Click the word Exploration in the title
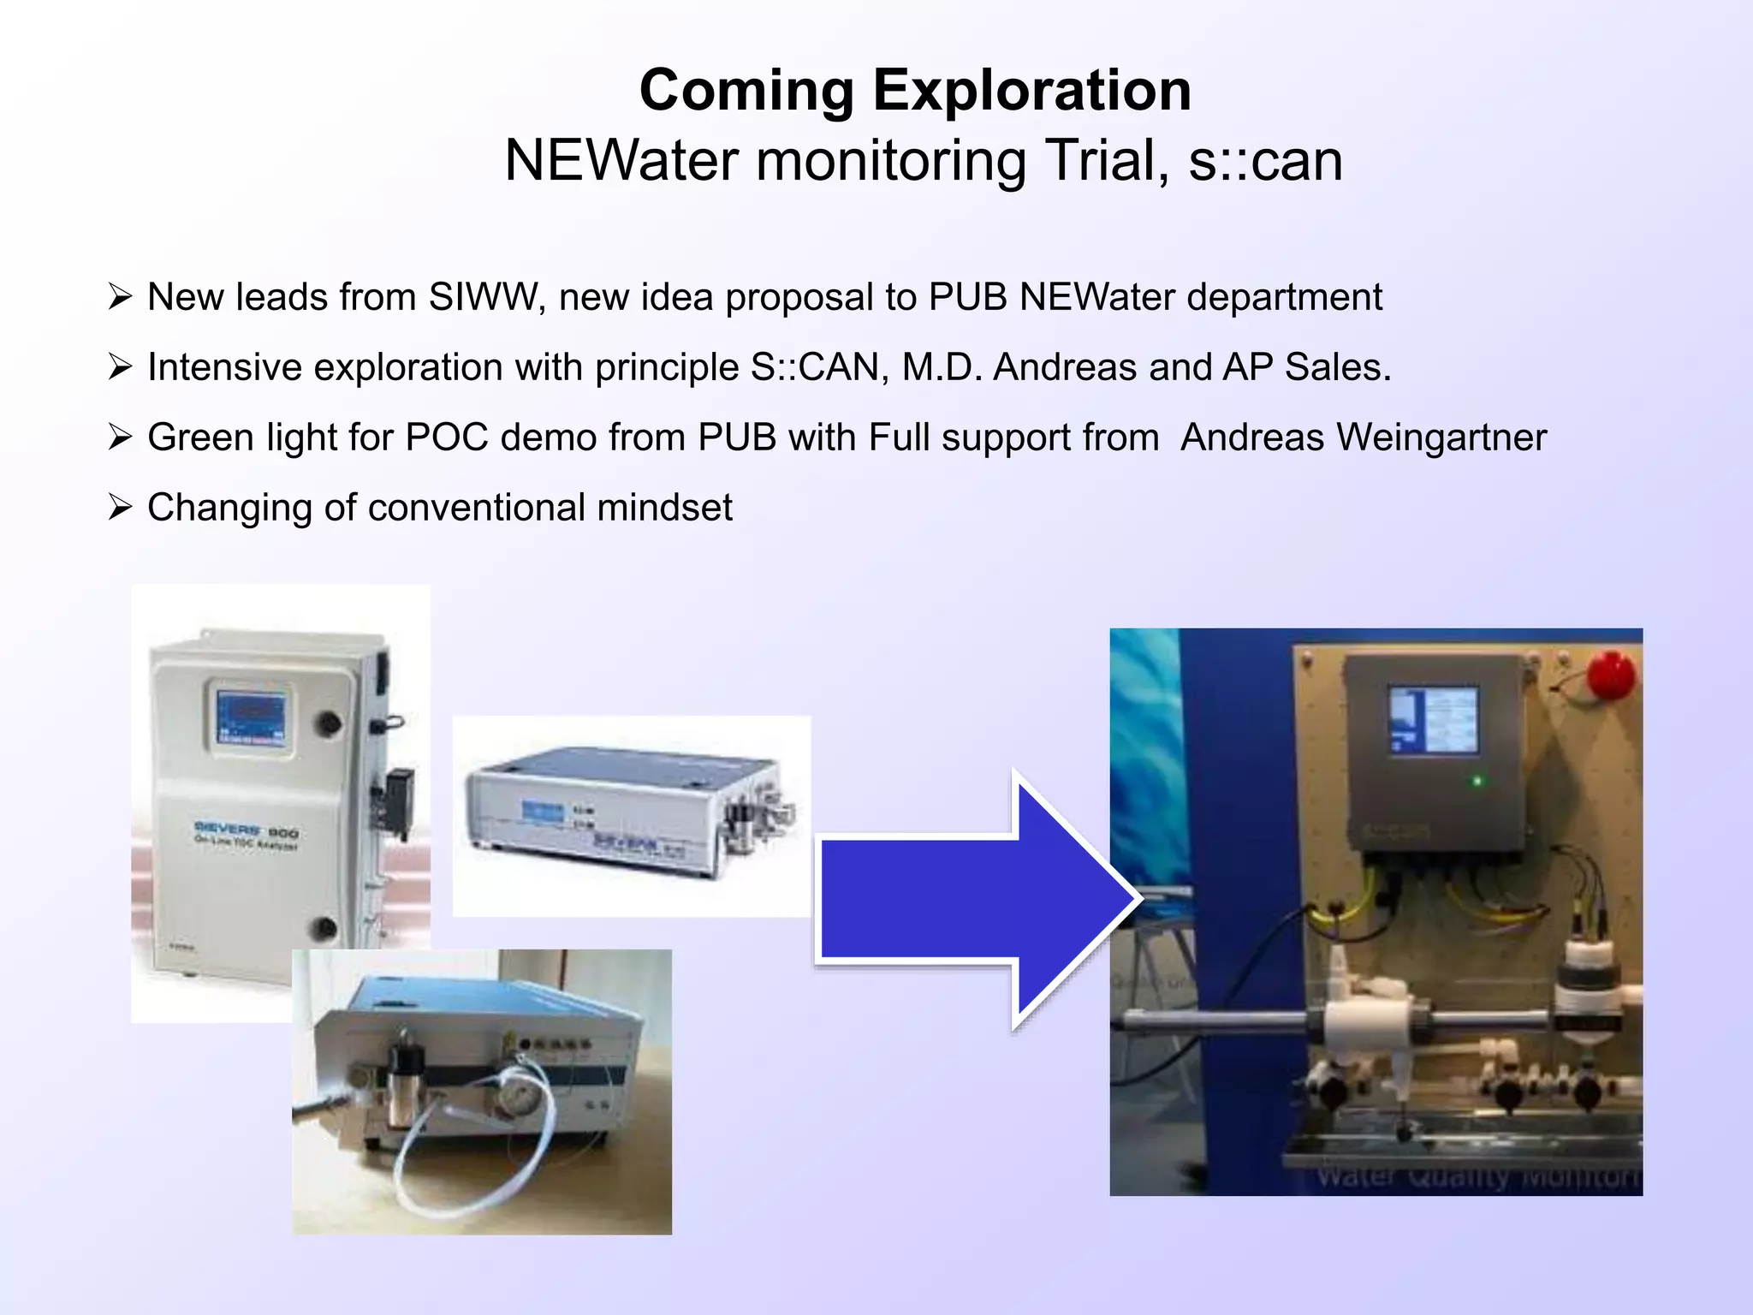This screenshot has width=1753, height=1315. pyautogui.click(x=1031, y=91)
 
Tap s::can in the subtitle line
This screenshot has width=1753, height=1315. pyautogui.click(x=1265, y=161)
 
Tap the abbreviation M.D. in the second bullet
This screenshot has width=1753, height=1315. pyautogui.click(x=941, y=367)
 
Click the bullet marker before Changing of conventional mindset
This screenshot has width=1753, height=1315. pyautogui.click(x=120, y=508)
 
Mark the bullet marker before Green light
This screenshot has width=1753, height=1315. pyautogui.click(x=120, y=437)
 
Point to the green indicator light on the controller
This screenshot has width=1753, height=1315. pyautogui.click(x=1477, y=781)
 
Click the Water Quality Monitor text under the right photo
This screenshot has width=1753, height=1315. pyautogui.click(x=1477, y=1178)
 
